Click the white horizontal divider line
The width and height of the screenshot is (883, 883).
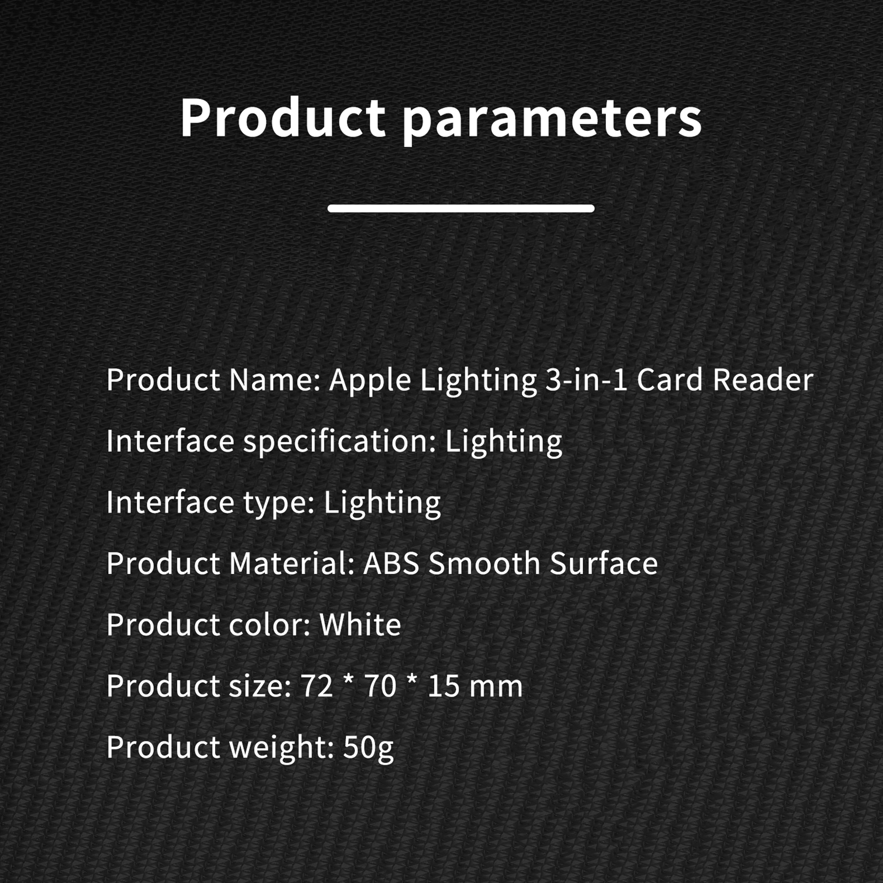tap(461, 208)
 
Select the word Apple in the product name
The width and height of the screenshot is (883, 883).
tap(370, 381)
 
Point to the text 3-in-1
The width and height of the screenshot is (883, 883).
tap(587, 380)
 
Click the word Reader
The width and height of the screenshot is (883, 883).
tap(763, 380)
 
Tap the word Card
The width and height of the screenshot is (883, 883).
tap(670, 380)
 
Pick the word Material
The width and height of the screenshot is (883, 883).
tap(292, 563)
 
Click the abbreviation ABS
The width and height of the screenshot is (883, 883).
tap(391, 563)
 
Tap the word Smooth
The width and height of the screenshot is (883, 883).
tap(484, 563)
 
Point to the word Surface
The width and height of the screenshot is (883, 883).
tap(604, 563)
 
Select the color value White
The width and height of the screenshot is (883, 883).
tap(360, 625)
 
